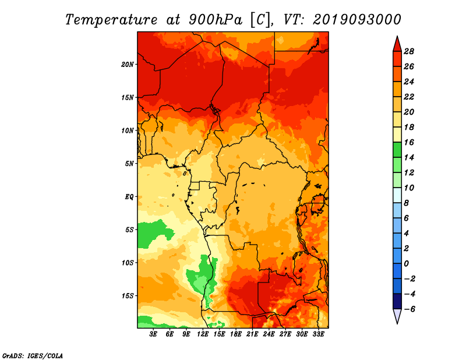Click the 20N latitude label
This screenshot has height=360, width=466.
click(128, 65)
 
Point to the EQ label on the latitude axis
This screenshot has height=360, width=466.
click(129, 197)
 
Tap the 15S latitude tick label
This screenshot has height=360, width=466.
click(128, 296)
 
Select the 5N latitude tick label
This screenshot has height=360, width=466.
click(129, 164)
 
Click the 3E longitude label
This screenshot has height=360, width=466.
click(153, 334)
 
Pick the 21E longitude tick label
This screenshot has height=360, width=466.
click(252, 334)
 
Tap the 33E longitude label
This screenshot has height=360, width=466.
click(318, 334)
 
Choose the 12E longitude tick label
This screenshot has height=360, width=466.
click(203, 334)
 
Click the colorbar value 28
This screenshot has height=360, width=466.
click(409, 51)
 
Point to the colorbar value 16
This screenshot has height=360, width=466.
click(409, 142)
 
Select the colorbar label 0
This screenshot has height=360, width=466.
click(406, 264)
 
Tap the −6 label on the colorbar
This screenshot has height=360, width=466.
click(409, 309)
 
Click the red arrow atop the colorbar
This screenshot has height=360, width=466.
click(397, 44)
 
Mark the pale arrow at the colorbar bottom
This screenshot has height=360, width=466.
click(397, 316)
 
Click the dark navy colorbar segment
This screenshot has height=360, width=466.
click(397, 301)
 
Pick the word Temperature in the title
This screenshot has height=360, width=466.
click(111, 20)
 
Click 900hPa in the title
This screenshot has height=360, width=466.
click(216, 20)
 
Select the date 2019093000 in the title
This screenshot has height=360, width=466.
click(357, 20)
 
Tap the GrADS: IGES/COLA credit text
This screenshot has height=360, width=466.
click(33, 356)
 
